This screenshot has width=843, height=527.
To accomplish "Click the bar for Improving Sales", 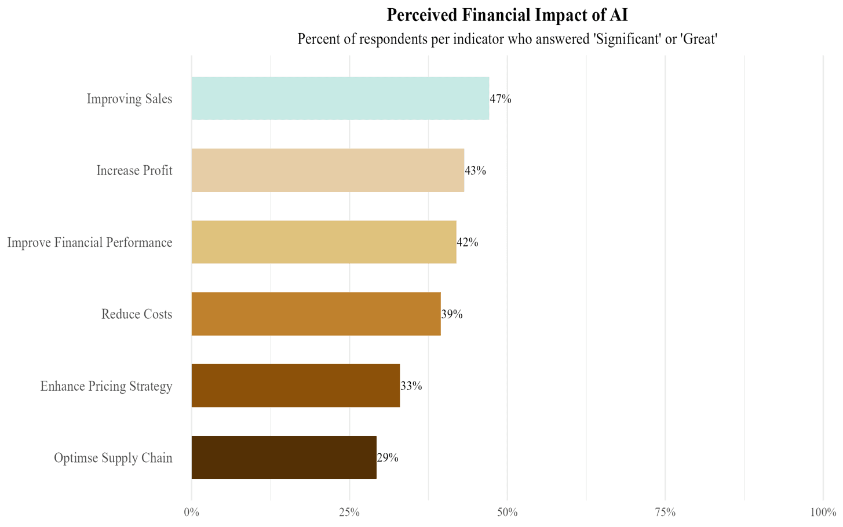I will (x=340, y=99).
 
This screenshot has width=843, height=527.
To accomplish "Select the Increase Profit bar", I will (x=328, y=170).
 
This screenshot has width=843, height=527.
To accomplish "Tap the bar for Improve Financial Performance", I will (x=324, y=242).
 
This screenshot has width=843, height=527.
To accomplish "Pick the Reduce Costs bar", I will (x=316, y=314).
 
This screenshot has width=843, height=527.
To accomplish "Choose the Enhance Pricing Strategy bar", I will (x=295, y=386).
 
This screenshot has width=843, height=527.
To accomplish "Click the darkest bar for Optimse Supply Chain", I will (x=284, y=457).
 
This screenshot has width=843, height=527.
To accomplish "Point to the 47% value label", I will (x=501, y=99).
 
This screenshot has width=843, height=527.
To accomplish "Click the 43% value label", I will (x=475, y=171).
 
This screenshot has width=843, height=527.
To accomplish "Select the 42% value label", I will (x=468, y=242).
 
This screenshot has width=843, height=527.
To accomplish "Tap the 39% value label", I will (x=452, y=314).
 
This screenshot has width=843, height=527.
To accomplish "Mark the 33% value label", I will (x=411, y=386).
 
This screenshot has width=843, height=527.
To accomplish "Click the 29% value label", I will (x=388, y=458).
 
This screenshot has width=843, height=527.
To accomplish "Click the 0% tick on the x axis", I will (x=191, y=513).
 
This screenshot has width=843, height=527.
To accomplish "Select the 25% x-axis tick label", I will (x=349, y=513).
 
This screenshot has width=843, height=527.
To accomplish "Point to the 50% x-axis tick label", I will (x=507, y=513).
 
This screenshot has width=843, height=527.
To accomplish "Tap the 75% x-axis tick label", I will (x=665, y=513).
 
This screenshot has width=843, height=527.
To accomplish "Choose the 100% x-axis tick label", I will (x=823, y=513).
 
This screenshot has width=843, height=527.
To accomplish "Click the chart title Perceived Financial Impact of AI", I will (x=507, y=15).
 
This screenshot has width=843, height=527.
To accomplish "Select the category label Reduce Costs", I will (x=137, y=314).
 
